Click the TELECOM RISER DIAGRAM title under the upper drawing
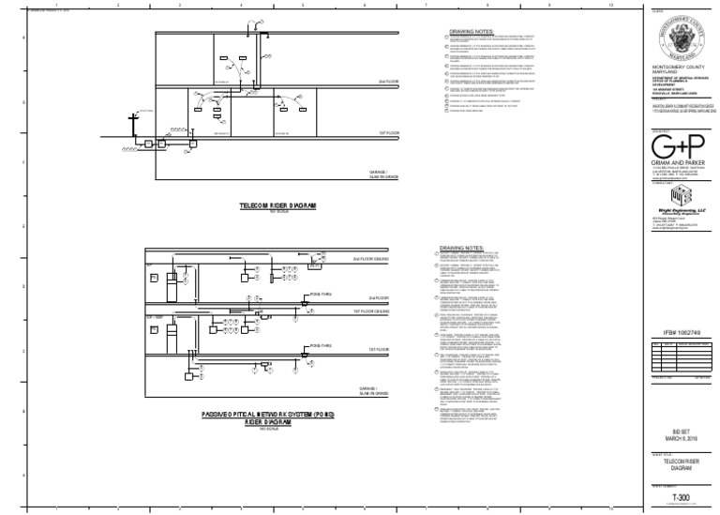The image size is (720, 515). point(276,203)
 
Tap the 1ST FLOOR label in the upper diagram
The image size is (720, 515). point(363,133)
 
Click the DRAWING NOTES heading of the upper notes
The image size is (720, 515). point(468,31)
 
